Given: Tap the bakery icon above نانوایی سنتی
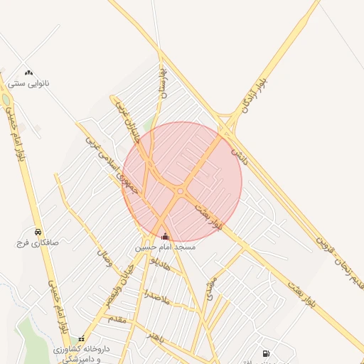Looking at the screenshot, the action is (28, 73).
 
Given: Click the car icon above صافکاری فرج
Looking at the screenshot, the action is (37, 232).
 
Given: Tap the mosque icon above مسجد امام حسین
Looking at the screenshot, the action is (166, 236).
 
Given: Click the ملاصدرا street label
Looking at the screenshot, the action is (156, 297).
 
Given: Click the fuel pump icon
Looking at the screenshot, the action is (266, 353).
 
